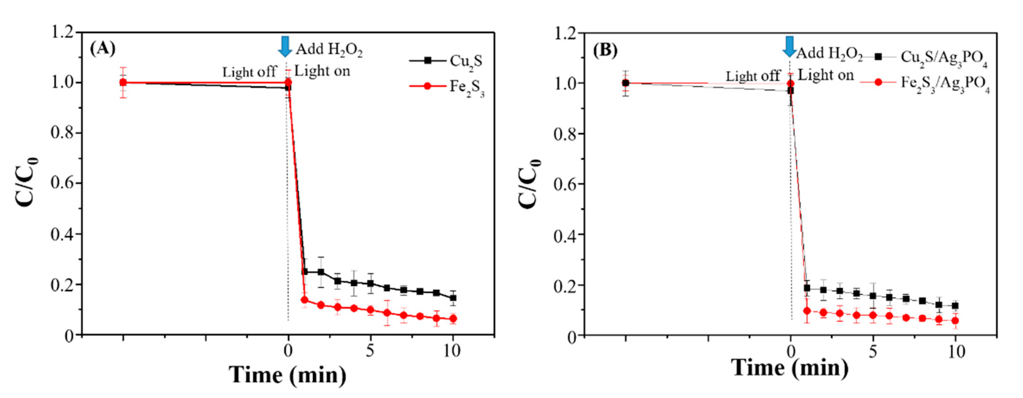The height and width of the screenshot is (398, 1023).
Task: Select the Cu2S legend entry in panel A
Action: pyautogui.click(x=445, y=61)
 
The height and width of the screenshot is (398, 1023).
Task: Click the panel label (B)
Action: pyautogui.click(x=605, y=50)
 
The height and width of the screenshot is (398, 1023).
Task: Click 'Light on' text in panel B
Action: pyautogui.click(x=826, y=75)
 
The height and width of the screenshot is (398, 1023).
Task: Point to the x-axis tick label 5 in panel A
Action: pyautogui.click(x=370, y=351)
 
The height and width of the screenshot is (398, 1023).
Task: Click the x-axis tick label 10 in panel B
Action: pyautogui.click(x=956, y=352)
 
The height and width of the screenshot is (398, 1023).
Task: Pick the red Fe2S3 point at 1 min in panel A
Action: pyautogui.click(x=305, y=300)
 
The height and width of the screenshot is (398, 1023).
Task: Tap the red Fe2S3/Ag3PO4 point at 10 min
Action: pyautogui.click(x=955, y=321)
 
